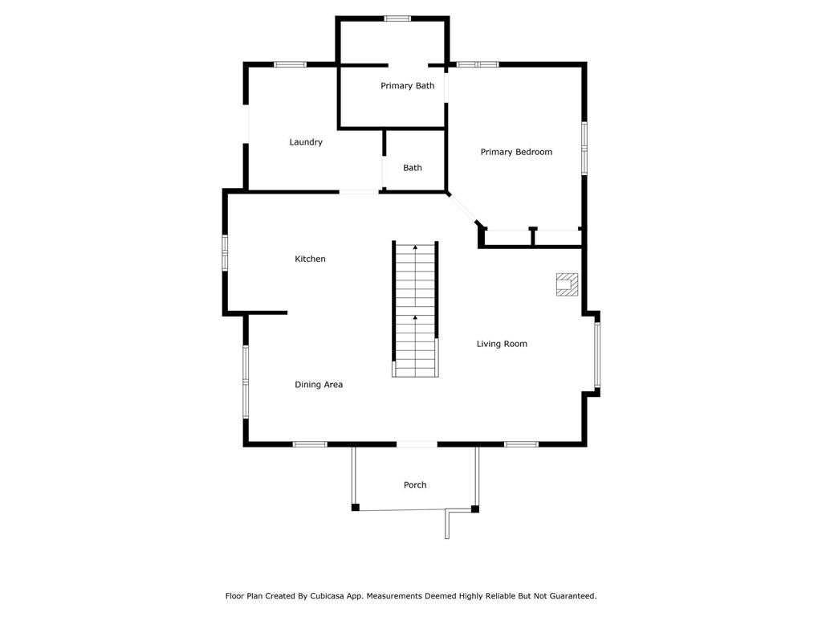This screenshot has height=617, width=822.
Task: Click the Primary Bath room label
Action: (x=407, y=86)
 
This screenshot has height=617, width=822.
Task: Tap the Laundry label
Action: (x=306, y=142)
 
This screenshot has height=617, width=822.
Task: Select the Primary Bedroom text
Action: (x=516, y=152)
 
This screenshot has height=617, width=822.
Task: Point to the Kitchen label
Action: (x=310, y=259)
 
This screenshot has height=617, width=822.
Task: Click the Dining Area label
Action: (x=319, y=385)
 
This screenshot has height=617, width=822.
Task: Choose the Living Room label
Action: (x=502, y=344)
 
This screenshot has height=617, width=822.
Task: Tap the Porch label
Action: (x=415, y=484)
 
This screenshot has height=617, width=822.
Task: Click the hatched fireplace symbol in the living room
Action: (x=567, y=284)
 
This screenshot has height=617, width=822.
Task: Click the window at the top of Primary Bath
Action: (x=397, y=18)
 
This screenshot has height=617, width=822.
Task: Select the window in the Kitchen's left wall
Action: (x=225, y=253)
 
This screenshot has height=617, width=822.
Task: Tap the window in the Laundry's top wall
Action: (x=290, y=64)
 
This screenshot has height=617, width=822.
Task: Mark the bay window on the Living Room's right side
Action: (x=597, y=355)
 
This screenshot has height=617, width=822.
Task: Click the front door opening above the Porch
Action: (x=417, y=444)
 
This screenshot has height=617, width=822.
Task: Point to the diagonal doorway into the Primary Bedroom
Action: (x=462, y=208)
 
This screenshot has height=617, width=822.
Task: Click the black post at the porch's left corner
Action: (x=356, y=508)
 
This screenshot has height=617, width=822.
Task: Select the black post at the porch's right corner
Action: (x=475, y=509)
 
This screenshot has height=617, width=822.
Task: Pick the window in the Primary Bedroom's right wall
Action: (x=584, y=149)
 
